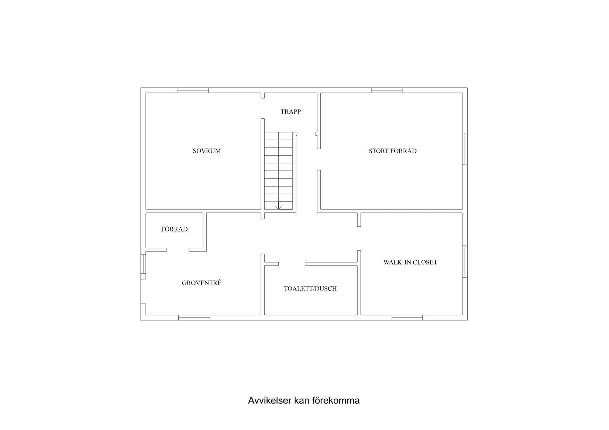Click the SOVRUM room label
(x=207, y=151)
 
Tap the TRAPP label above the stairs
(x=290, y=112)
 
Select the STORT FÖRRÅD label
(x=392, y=151)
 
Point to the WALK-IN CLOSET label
(x=410, y=262)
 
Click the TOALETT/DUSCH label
(x=310, y=288)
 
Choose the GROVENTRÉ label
(x=202, y=283)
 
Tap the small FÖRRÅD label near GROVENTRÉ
(x=174, y=229)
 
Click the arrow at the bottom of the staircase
(x=278, y=205)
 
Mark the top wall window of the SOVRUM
(x=193, y=90)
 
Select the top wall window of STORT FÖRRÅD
(x=387, y=90)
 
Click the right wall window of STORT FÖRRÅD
(x=465, y=149)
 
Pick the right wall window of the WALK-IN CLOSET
(x=465, y=261)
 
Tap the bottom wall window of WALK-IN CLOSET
(x=407, y=318)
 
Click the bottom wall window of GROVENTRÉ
(x=194, y=318)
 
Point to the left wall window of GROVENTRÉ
(x=143, y=263)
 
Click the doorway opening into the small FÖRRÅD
(x=178, y=250)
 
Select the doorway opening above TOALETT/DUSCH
(x=292, y=264)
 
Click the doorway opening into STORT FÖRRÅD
(x=319, y=159)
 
